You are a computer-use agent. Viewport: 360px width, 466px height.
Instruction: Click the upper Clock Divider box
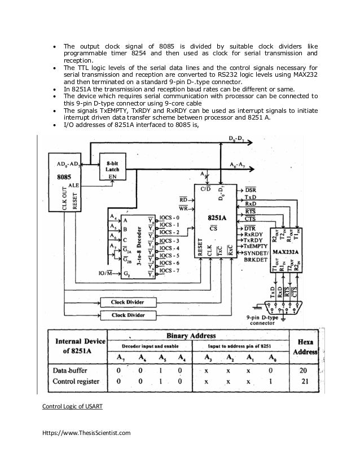click(x=126, y=302)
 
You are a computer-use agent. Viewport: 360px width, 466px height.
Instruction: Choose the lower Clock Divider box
click(x=126, y=315)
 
